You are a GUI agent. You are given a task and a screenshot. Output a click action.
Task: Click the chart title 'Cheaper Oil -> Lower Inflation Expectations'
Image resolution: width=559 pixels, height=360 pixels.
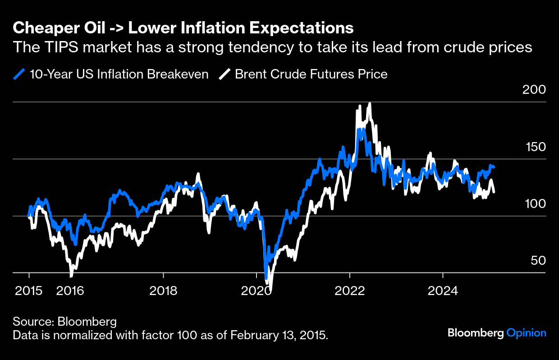coord(183,28)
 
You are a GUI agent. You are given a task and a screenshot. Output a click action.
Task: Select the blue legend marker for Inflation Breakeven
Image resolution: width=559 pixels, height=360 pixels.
coord(19,74)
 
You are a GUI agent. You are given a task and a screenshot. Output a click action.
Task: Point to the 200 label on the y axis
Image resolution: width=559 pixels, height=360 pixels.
coord(534,89)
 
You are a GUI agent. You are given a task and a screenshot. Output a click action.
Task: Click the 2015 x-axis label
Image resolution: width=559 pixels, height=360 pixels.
coord(29,291)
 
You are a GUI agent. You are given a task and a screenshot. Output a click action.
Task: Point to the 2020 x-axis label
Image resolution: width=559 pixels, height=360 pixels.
coord(257,291)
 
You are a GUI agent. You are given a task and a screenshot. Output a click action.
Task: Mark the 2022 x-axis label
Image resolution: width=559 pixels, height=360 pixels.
coord(350,291)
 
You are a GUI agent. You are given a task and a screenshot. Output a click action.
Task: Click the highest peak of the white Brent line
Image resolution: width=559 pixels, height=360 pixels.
coord(370,104)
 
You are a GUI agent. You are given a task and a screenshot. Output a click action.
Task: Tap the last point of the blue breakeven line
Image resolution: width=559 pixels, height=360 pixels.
coord(494,167)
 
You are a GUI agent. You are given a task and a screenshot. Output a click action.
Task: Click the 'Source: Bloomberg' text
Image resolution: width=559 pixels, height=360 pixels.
coord(65,322)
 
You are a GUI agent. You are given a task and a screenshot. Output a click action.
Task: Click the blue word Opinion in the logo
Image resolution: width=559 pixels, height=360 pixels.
coord(527,333)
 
